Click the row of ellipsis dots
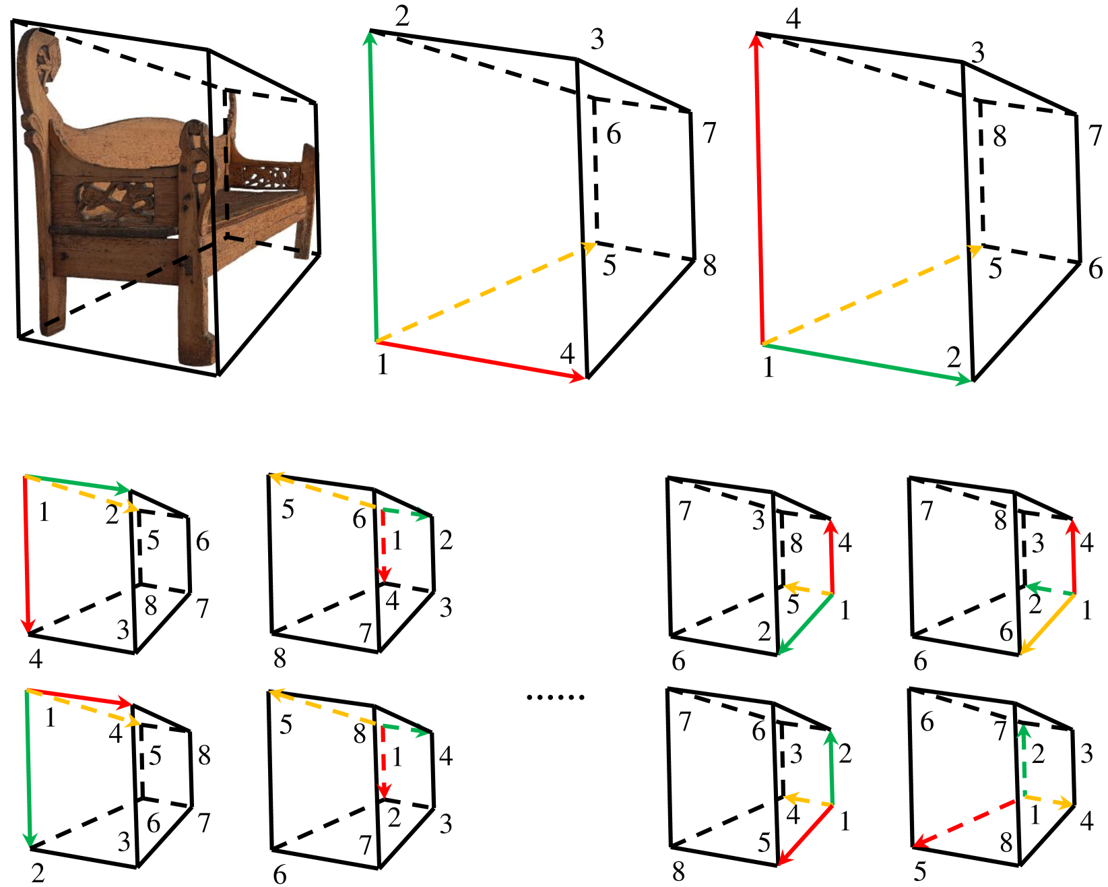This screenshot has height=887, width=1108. (x=556, y=698)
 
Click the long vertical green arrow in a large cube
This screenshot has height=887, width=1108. (x=372, y=186)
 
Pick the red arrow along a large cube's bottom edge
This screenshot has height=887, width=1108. (x=482, y=361)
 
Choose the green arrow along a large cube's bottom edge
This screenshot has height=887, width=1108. (x=868, y=363)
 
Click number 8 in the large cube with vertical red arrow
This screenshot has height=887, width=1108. (x=1000, y=137)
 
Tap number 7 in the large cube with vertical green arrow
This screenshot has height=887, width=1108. (x=709, y=133)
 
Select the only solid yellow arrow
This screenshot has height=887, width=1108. (x=1047, y=624)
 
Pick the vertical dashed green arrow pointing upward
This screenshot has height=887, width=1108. (x=1024, y=761)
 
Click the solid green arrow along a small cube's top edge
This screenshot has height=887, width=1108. (x=77, y=483)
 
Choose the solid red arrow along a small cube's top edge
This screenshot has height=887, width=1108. (x=79, y=697)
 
